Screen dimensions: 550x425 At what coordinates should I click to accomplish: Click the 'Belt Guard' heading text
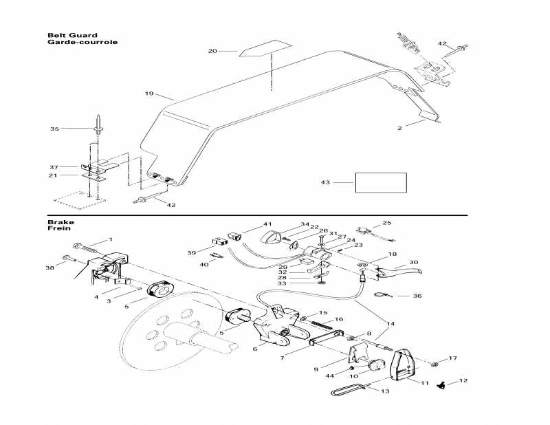[x=72, y=35]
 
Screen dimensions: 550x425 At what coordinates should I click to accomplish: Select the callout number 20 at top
[x=212, y=51]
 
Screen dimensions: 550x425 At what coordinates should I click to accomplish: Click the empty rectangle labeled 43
[x=380, y=182]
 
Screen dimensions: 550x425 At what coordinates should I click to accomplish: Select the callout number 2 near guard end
[x=418, y=127]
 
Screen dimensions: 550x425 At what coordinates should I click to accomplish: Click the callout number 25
[x=386, y=223]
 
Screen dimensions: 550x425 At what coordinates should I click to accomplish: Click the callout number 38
[x=49, y=268]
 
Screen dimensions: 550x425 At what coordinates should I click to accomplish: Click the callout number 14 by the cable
[x=391, y=323]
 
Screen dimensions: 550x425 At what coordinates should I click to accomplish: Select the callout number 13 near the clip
[x=384, y=392]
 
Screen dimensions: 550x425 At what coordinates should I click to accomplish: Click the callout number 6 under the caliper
[x=255, y=349]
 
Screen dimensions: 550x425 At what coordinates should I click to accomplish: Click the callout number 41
[x=267, y=224]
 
